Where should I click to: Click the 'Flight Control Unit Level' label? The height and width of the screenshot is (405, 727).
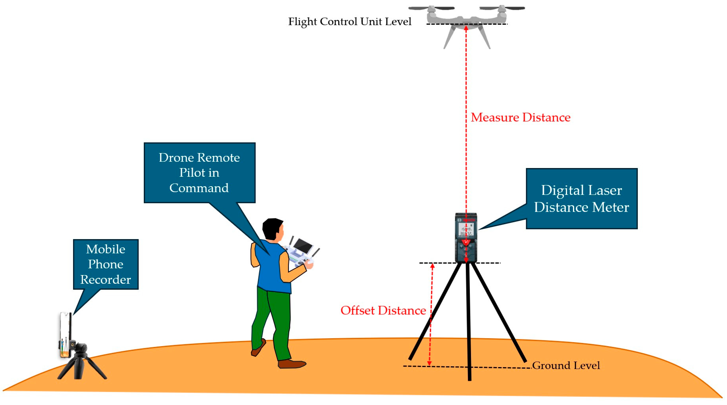pyautogui.click(x=349, y=22)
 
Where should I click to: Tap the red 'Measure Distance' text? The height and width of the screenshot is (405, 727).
pyautogui.click(x=520, y=117)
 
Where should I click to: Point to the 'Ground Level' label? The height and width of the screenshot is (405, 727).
pyautogui.click(x=565, y=365)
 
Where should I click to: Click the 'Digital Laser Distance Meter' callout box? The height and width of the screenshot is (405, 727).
pyautogui.click(x=581, y=199)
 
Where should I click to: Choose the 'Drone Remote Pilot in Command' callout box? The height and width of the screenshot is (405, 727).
pyautogui.click(x=199, y=173)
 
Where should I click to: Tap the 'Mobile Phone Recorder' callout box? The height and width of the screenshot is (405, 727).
pyautogui.click(x=106, y=264)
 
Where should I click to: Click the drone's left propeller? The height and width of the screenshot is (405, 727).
pyautogui.click(x=431, y=8)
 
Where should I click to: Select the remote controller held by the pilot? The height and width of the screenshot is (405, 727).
pyautogui.click(x=301, y=252)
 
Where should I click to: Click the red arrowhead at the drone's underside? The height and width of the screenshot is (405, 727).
pyautogui.click(x=466, y=28)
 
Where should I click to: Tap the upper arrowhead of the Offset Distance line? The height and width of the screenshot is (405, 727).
pyautogui.click(x=432, y=266)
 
